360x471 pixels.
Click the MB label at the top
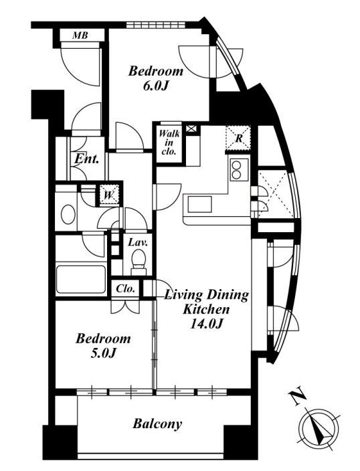pyautogui.click(x=80, y=35)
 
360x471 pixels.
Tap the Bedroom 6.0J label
pyautogui.click(x=156, y=79)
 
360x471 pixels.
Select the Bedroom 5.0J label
pyautogui.click(x=103, y=346)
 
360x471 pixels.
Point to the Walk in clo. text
pyautogui.click(x=170, y=143)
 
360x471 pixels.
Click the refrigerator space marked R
pyautogui.click(x=239, y=138)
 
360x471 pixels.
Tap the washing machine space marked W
pyautogui.click(x=109, y=195)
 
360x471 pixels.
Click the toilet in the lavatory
pyautogui.click(x=139, y=262)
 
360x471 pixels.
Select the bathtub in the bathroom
pyautogui.click(x=81, y=280)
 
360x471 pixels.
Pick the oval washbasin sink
pyautogui.click(x=68, y=214)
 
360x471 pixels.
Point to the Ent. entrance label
pyautogui.click(x=87, y=159)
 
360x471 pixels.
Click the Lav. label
pyautogui.click(x=138, y=242)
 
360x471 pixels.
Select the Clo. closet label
pyautogui.click(x=125, y=289)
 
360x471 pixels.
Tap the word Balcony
pyautogui.click(x=157, y=424)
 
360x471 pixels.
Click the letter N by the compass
pyautogui.click(x=298, y=398)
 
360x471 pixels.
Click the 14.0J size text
pyautogui.click(x=206, y=324)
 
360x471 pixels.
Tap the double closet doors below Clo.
pyautogui.click(x=125, y=306)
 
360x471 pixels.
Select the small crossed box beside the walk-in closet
pyautogui.click(x=192, y=129)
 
